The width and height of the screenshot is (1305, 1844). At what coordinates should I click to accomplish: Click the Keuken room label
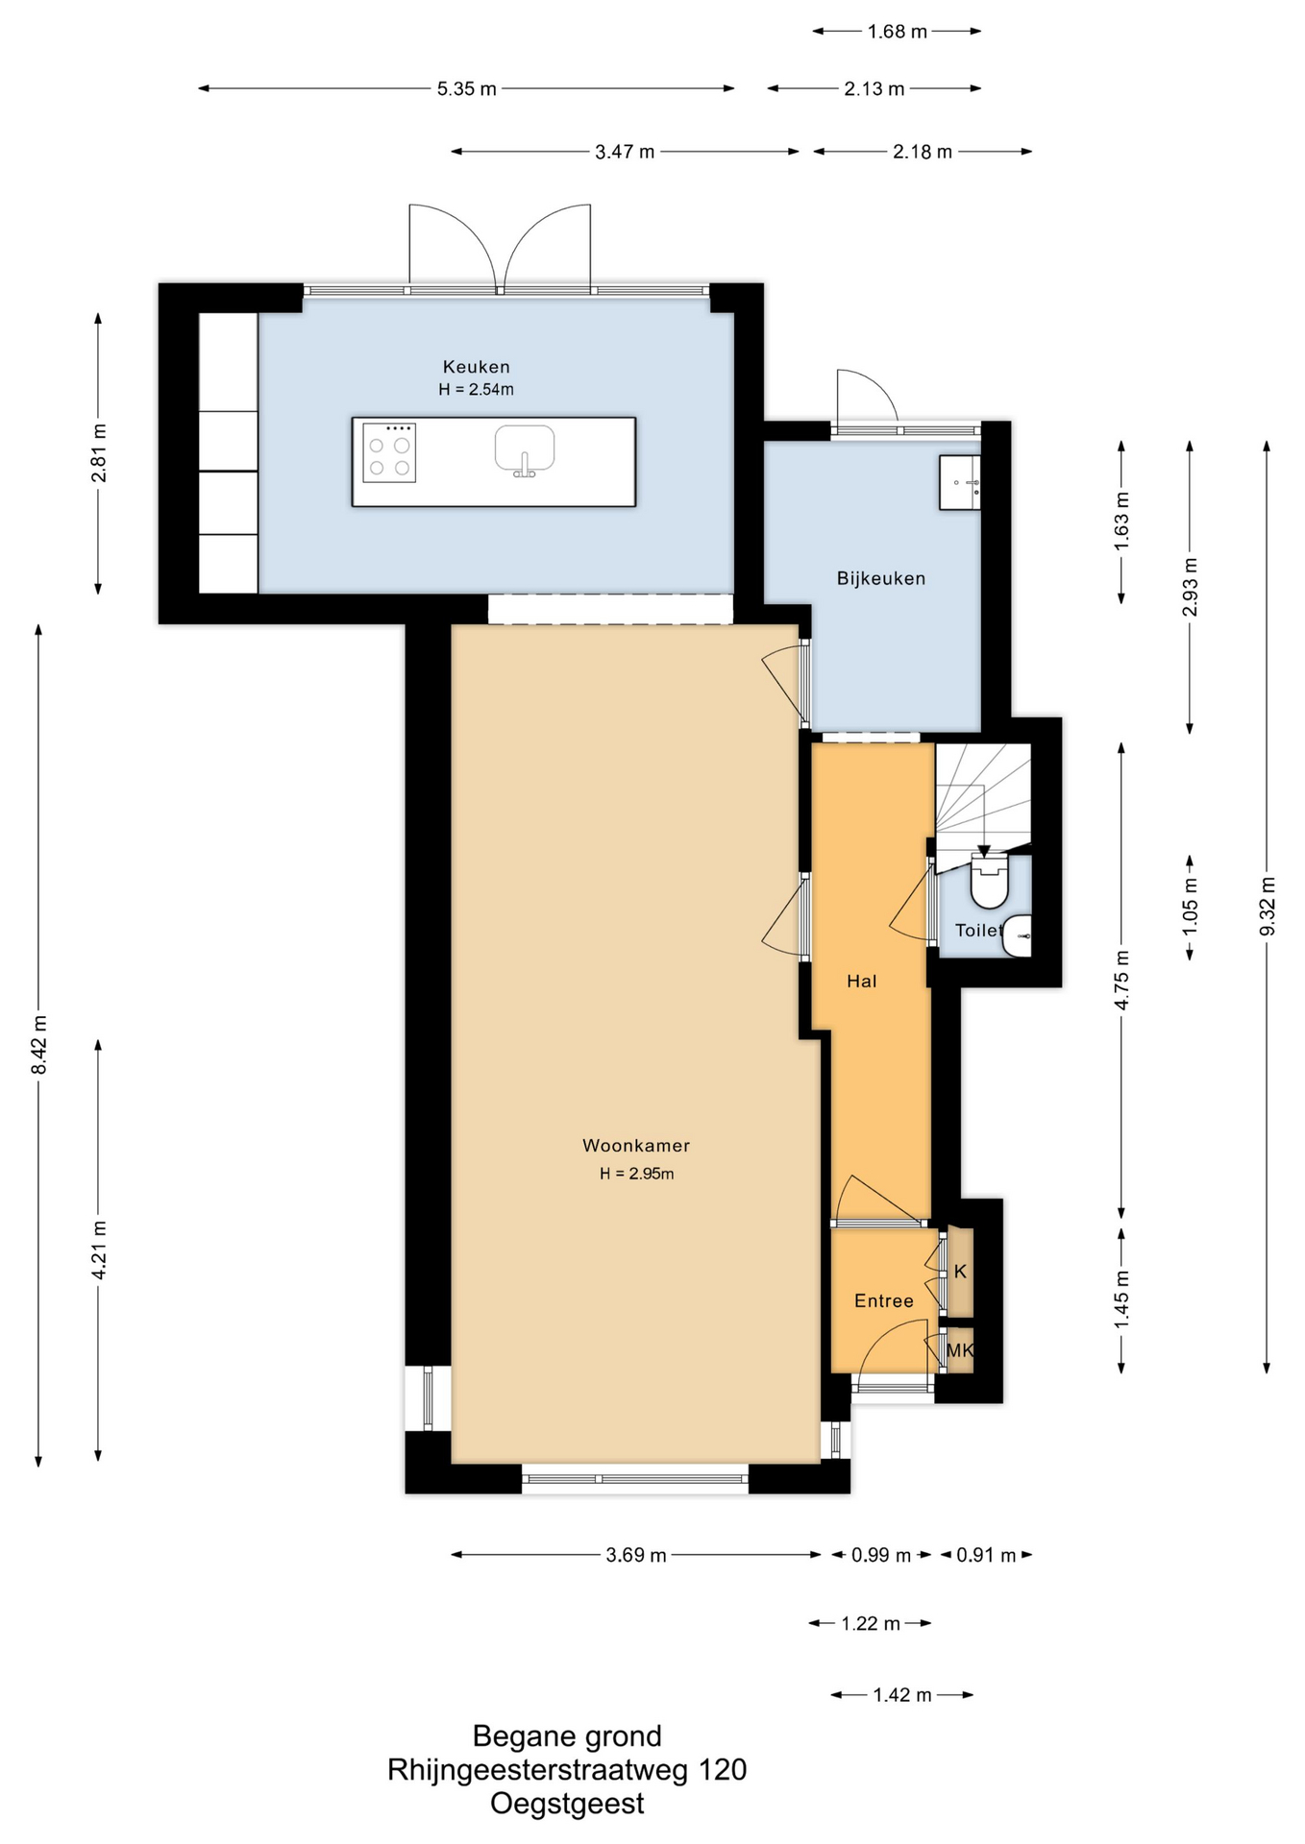coord(476,367)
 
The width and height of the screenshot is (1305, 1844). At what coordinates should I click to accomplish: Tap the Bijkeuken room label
coord(881,578)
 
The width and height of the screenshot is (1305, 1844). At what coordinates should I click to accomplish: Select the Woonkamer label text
coord(636,1146)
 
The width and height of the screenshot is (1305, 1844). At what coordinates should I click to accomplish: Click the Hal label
coord(862,981)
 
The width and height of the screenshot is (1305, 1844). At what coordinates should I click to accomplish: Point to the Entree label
coord(884,1300)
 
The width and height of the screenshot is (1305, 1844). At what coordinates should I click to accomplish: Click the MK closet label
coord(960,1350)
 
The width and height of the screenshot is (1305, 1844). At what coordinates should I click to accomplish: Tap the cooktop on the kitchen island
coord(389,452)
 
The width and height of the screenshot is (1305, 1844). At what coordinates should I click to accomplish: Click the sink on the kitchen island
coord(525,450)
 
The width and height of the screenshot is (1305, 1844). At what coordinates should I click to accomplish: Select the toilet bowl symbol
coord(989,883)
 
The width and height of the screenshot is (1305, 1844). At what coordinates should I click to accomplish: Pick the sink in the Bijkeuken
coord(960,482)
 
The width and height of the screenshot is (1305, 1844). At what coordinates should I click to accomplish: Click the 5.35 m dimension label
coord(467,89)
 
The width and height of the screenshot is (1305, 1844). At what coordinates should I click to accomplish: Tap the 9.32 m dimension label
coord(1268,907)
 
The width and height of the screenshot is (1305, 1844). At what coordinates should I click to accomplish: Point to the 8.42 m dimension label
coord(39,1045)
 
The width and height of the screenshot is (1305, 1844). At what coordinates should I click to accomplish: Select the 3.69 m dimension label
coord(636,1555)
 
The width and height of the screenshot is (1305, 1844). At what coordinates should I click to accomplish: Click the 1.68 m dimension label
coord(898,32)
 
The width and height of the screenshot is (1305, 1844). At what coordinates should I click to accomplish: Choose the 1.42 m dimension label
coord(902,1695)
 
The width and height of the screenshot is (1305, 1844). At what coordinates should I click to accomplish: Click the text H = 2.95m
coord(637,1174)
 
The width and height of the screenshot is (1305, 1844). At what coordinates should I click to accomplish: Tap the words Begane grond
coord(567,1736)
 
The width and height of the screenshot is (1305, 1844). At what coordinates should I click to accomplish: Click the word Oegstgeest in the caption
coord(567,1804)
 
